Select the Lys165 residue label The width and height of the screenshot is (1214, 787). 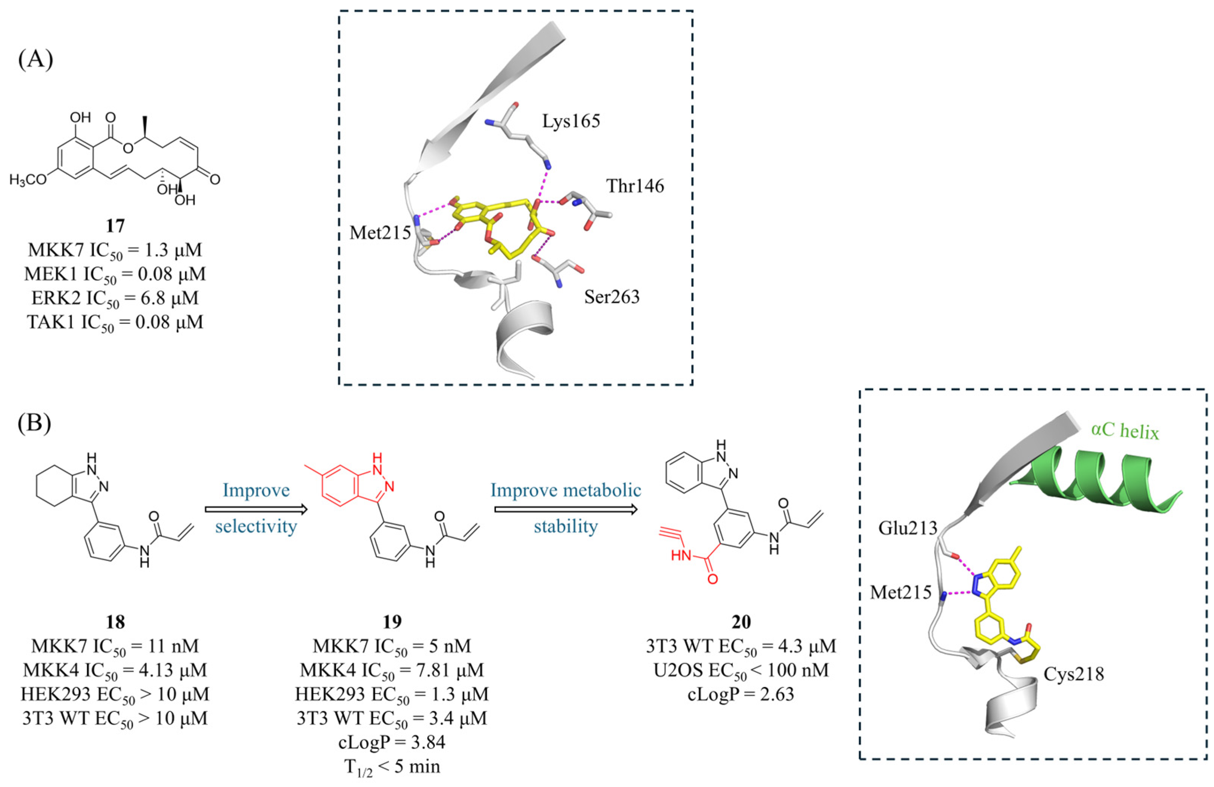click(571, 121)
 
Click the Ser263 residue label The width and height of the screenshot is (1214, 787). click(612, 297)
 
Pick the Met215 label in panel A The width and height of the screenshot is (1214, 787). click(380, 233)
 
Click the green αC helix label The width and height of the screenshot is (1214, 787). click(1125, 431)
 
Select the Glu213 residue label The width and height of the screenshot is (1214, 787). click(907, 528)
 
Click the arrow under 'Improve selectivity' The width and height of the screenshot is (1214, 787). click(256, 509)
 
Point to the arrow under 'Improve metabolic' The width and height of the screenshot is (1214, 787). click(566, 509)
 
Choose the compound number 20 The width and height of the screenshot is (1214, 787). click(741, 622)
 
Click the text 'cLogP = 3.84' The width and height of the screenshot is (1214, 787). click(392, 742)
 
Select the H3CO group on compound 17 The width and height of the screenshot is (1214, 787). click(28, 180)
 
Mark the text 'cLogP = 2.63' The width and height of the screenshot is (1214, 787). click(741, 694)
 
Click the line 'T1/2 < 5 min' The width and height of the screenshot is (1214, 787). click(392, 767)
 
